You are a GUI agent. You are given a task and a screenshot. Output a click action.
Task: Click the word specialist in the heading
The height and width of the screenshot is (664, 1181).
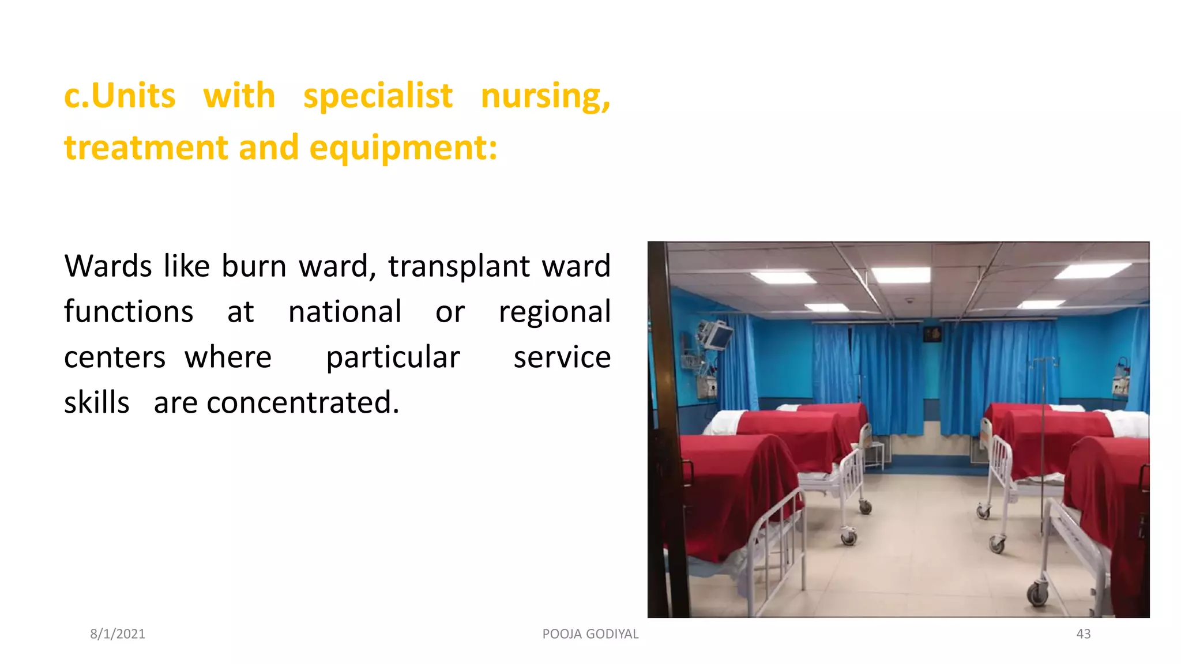378,96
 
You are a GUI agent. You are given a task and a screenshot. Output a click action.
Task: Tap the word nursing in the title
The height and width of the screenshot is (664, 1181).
545,96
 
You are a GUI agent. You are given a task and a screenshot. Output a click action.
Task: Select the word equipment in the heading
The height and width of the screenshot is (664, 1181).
403,148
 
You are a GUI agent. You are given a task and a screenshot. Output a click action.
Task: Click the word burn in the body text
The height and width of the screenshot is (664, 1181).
254,266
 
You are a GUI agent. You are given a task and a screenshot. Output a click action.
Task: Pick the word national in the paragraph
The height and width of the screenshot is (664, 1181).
344,312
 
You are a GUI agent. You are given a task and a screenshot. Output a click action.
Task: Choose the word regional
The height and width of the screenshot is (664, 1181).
554,313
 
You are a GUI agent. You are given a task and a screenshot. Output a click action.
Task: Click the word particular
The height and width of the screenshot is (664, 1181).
393,357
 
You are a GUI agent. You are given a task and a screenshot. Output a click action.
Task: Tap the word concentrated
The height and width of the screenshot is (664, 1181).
303,402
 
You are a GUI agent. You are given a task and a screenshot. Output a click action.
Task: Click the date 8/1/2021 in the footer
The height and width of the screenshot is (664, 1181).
118,634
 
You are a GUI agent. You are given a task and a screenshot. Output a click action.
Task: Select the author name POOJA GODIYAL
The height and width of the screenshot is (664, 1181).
590,634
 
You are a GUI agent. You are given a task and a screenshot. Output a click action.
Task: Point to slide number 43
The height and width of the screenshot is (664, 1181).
1083,634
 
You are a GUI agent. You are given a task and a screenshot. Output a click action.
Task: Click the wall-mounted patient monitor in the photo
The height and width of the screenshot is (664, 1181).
715,334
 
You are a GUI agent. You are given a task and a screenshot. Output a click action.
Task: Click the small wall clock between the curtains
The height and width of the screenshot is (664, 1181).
932,334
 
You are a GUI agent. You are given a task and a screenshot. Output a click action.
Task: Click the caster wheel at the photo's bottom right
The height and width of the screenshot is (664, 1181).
1037,594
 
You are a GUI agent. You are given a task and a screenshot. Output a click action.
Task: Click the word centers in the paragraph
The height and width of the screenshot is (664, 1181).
115,357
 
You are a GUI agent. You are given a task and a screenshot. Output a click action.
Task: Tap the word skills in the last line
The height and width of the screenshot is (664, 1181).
96,402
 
